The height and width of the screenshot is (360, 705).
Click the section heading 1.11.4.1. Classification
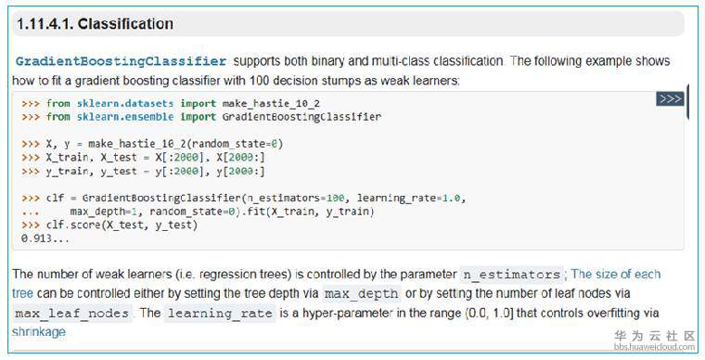tap(95, 24)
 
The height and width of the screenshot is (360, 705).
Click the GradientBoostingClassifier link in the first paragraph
tap(121, 61)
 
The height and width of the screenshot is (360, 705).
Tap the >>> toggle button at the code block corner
tap(670, 99)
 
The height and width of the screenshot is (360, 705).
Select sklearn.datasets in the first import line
tap(125, 103)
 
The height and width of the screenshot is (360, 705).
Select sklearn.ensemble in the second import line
tap(125, 117)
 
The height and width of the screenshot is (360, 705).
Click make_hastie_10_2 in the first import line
tap(271, 104)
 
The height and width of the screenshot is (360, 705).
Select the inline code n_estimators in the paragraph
tap(512, 275)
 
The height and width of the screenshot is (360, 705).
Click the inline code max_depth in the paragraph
tap(362, 294)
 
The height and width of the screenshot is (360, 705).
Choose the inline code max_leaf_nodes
tap(72, 314)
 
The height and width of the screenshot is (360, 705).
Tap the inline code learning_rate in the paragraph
tap(220, 314)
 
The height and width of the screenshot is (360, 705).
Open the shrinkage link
tap(39, 332)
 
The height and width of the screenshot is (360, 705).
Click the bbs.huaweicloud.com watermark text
tap(654, 346)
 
